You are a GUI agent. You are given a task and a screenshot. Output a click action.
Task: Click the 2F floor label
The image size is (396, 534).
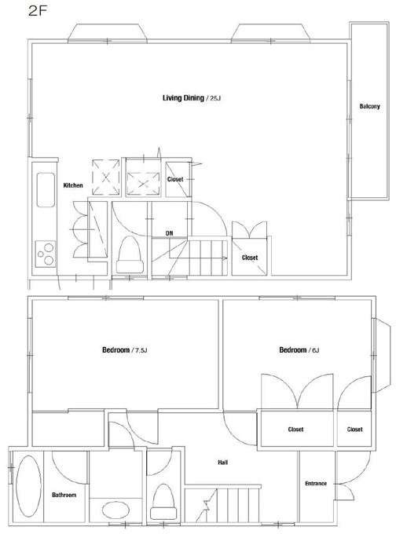point(37,11)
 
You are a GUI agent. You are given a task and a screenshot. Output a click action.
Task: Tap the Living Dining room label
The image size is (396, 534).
point(183,98)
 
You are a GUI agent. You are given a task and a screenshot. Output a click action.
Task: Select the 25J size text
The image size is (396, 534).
point(215,98)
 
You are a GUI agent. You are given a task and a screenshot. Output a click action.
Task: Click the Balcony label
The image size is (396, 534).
point(369,106)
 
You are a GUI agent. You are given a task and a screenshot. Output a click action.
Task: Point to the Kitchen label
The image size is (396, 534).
point(73,185)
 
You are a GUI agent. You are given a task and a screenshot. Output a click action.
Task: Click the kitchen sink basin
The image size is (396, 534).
point(46,190)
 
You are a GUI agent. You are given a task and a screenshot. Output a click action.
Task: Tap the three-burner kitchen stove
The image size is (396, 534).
point(46,254)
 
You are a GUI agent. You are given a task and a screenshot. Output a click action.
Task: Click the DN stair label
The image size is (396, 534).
point(170,233)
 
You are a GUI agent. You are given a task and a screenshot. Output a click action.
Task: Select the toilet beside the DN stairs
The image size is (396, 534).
point(130,254)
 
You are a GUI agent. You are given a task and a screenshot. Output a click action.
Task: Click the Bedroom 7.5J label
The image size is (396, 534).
point(124,349)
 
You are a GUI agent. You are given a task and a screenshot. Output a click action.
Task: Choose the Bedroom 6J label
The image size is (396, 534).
point(299,349)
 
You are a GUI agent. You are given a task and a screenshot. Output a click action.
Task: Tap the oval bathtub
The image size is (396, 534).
point(28,486)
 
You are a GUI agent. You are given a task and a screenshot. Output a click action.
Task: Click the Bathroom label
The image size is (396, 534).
point(64,495)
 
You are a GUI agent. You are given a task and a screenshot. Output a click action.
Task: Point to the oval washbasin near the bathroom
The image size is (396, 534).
point(115,510)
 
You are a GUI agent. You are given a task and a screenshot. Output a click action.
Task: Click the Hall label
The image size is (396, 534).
point(222,462)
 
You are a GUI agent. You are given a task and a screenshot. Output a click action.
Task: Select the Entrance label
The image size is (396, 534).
point(316,483)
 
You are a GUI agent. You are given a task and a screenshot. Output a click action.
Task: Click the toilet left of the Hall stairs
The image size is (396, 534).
point(163,502)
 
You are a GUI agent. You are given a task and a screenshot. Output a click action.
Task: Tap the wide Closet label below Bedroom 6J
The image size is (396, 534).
point(295,430)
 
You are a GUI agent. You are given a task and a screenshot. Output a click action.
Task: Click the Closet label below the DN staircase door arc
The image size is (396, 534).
point(250,258)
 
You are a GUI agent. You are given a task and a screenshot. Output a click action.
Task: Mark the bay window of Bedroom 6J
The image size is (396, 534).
point(383,355)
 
